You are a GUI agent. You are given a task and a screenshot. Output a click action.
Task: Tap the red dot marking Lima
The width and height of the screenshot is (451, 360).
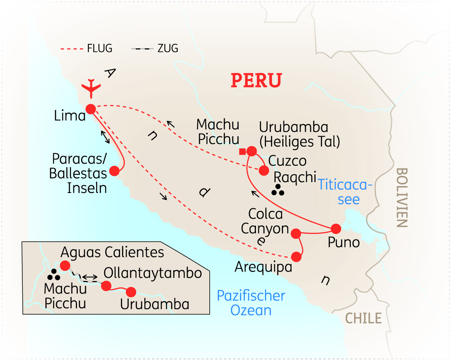point(90,109)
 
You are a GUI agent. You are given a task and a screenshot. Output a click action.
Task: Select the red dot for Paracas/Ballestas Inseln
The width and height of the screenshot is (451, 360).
point(114,171)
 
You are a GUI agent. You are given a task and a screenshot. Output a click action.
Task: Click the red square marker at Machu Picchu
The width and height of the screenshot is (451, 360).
point(242,152)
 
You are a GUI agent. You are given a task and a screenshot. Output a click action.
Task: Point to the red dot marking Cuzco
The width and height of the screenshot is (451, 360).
point(264,170)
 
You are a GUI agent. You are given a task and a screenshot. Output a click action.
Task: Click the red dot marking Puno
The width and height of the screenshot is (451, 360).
point(336,228)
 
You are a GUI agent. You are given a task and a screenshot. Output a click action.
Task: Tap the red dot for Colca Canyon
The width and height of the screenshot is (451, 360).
point(296,233)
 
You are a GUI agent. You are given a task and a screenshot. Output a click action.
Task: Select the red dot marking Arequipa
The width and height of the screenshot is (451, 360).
point(296,256)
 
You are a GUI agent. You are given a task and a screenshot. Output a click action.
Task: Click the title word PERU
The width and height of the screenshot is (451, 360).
point(256,80)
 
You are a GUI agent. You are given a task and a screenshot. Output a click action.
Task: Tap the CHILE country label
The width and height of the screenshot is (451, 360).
point(363,318)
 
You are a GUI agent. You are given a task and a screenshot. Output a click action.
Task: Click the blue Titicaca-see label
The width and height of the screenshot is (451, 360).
point(345,192)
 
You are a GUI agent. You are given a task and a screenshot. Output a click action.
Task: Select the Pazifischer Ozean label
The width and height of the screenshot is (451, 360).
point(251,303)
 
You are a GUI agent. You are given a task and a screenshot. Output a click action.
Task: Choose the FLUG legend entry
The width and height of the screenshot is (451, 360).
point(86,49)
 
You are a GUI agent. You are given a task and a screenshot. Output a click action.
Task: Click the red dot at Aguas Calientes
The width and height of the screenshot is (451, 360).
point(64,266)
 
